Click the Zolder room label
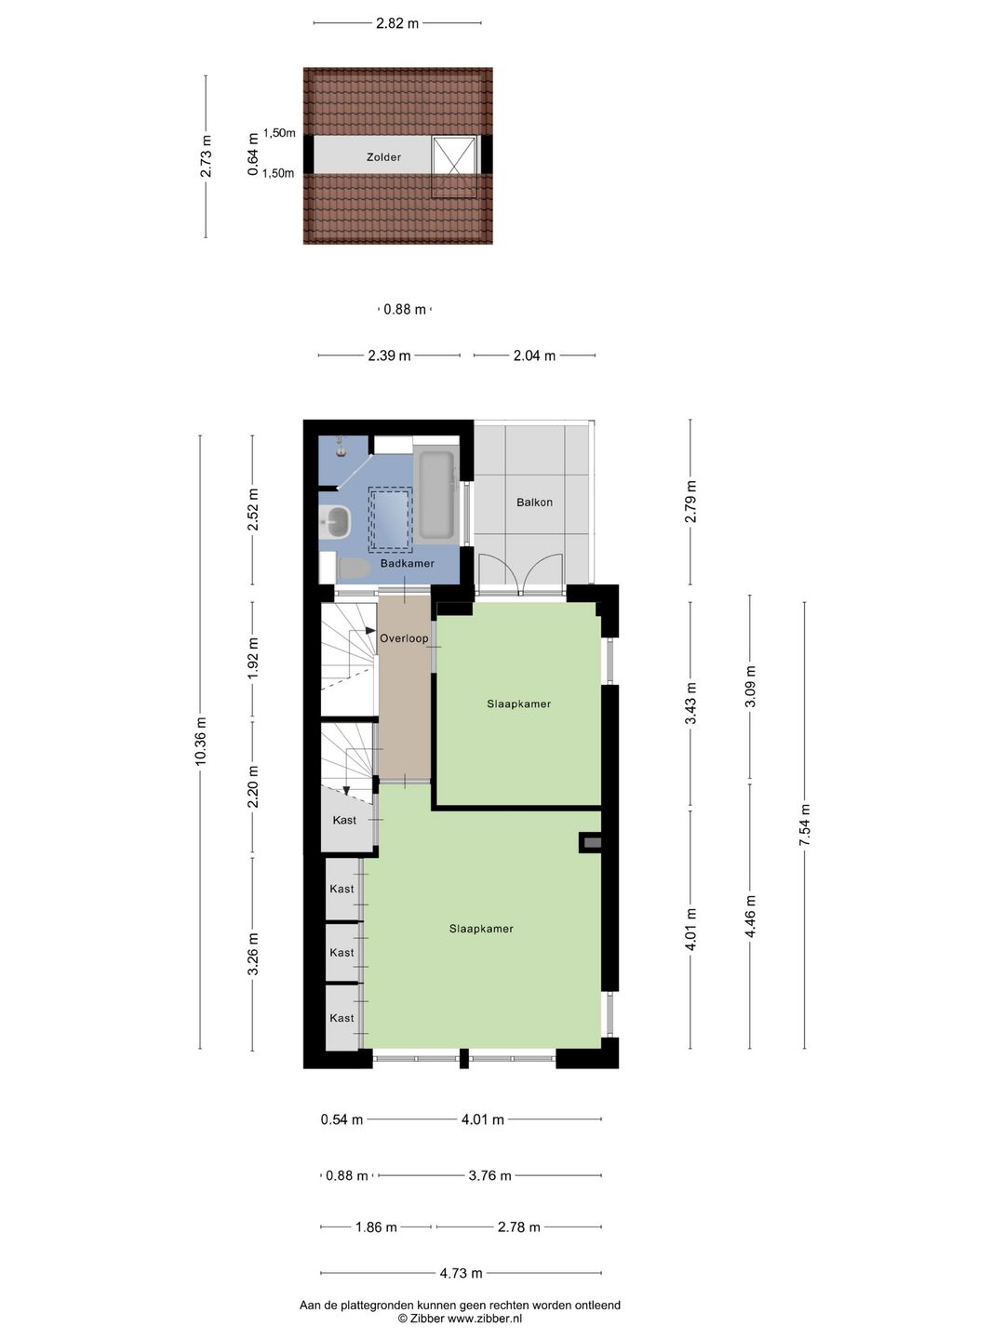tap(383, 157)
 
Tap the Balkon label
tap(534, 502)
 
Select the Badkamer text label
tap(407, 563)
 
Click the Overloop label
tap(404, 638)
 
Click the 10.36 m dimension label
tap(201, 740)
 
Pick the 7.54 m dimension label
tap(805, 824)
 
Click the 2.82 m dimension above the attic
tap(397, 23)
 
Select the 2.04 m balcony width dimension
tap(534, 355)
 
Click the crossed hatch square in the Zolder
tap(453, 166)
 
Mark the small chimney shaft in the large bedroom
tap(591, 843)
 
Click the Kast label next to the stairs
tap(344, 820)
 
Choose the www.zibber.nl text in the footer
tap(485, 1318)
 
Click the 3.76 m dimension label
tap(489, 1175)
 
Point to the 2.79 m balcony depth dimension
tap(690, 502)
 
